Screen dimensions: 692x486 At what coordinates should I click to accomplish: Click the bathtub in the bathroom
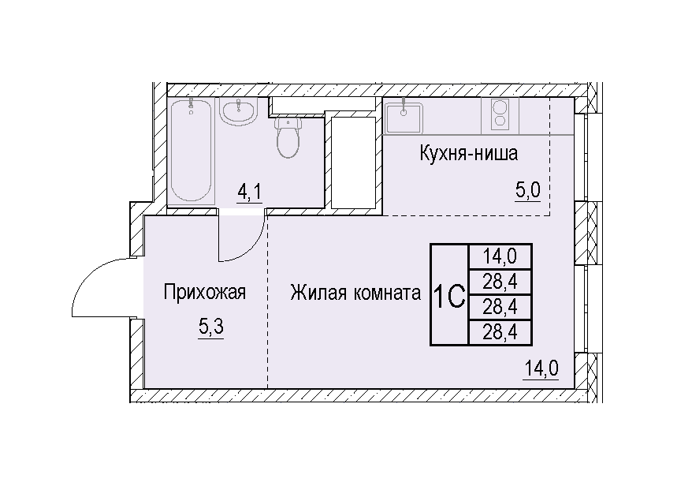[191, 151]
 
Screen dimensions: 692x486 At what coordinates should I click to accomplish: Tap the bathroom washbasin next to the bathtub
[238, 112]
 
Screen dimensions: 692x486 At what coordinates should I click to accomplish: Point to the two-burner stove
[500, 115]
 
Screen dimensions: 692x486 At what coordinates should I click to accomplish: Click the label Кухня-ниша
[468, 154]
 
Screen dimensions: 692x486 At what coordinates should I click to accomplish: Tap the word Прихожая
[204, 292]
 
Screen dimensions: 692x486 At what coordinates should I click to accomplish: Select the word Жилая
[318, 293]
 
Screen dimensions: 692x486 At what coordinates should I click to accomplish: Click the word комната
[387, 293]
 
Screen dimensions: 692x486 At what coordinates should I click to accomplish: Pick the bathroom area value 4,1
[249, 193]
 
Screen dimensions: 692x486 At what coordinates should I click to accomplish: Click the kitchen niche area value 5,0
[528, 191]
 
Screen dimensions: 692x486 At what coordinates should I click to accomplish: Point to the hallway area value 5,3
[211, 327]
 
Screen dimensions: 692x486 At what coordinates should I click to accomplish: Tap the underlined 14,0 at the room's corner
[541, 368]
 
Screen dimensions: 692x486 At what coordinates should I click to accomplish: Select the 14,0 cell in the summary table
[500, 256]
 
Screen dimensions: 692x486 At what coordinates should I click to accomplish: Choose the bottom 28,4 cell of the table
[500, 332]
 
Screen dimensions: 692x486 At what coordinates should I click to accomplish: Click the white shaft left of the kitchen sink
[353, 163]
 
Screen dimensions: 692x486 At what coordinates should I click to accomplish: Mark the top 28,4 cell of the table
[500, 282]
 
